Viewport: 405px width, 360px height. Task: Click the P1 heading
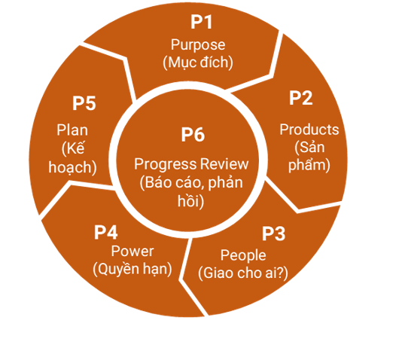[202, 22]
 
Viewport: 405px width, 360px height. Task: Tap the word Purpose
[198, 45]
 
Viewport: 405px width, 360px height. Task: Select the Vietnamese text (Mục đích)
[198, 63]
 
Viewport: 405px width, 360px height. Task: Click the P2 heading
[300, 98]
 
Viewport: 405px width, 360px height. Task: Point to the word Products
[309, 130]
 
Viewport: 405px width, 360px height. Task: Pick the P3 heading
[273, 233]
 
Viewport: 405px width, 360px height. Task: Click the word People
[243, 255]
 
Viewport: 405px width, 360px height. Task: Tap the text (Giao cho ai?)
[243, 273]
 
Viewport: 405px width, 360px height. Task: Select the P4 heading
[106, 232]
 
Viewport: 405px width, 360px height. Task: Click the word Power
[132, 252]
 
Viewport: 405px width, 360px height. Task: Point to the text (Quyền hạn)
[132, 269]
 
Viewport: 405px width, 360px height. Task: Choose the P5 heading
[84, 103]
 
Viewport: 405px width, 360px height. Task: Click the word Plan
[72, 130]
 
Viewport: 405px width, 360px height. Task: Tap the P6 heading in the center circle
[193, 134]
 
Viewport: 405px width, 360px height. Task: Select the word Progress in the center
[166, 164]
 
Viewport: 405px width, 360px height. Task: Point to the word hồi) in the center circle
[190, 201]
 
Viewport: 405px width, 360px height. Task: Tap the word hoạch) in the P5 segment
[72, 167]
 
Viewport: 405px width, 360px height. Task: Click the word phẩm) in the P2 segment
[309, 165]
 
